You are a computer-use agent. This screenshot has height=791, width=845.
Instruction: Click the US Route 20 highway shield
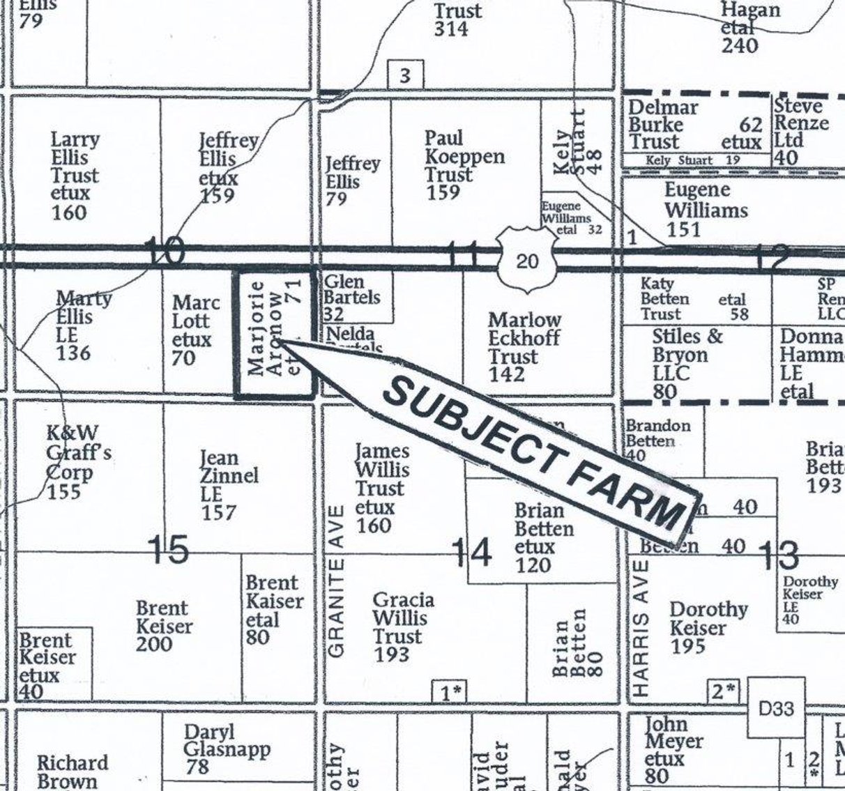tap(528, 261)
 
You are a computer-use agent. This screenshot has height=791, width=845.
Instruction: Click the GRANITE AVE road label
tap(337, 606)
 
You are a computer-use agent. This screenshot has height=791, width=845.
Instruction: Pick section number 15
tap(169, 548)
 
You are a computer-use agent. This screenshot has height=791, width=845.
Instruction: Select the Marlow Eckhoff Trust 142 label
tap(524, 347)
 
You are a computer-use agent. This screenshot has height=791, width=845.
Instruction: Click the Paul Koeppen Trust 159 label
tap(463, 164)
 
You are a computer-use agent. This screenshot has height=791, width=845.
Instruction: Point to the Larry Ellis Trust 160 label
tap(74, 176)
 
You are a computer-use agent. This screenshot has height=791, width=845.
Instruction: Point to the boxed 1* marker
tap(449, 692)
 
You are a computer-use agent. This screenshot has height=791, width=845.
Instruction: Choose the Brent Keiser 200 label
tap(163, 626)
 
